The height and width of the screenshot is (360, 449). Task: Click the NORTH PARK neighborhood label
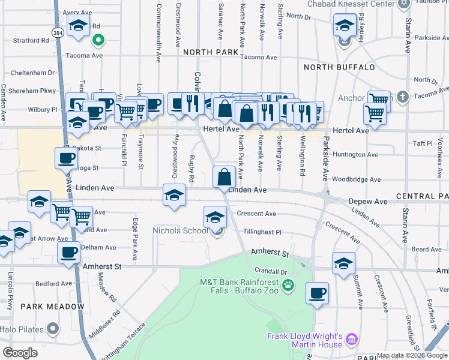click(x=211, y=52)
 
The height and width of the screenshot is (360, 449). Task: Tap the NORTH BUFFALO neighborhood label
click(x=339, y=67)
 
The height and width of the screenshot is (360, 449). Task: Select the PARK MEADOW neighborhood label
click(x=52, y=307)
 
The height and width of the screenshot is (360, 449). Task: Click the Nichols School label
click(x=180, y=230)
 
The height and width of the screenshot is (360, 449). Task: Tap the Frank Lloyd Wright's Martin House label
click(x=304, y=340)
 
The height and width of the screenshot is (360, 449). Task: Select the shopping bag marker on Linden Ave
click(x=224, y=177)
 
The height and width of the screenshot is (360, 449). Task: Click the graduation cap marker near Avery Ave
click(x=78, y=26)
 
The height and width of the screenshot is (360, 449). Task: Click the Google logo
click(x=20, y=353)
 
